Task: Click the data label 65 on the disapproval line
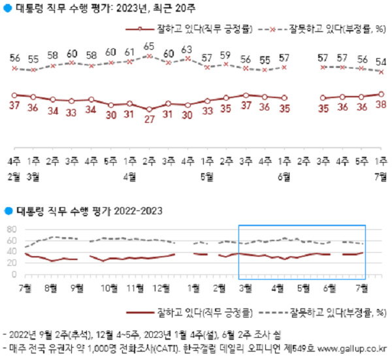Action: (149, 47)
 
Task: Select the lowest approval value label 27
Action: (149, 120)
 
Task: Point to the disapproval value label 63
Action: (188, 49)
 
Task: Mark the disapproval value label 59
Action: (226, 55)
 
